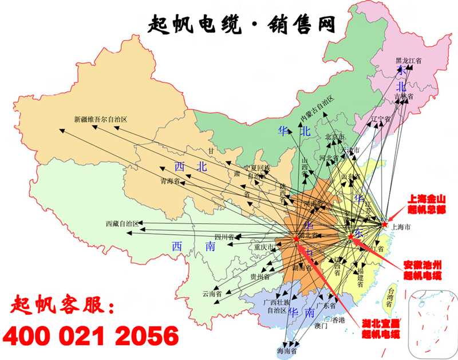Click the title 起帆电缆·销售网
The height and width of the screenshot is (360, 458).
(x=241, y=24)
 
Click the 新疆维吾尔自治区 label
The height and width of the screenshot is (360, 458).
(x=100, y=120)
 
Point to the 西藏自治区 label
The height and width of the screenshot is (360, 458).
(x=122, y=224)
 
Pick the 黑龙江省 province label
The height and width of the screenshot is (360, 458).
(x=408, y=60)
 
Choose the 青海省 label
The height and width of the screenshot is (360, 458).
(x=170, y=182)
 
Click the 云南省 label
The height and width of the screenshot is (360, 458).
(x=212, y=293)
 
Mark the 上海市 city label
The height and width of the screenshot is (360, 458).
(x=400, y=227)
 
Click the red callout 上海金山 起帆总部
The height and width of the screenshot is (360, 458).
(x=425, y=204)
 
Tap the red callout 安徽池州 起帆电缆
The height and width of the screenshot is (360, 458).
(x=423, y=271)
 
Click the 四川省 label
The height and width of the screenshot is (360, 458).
(x=225, y=236)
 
